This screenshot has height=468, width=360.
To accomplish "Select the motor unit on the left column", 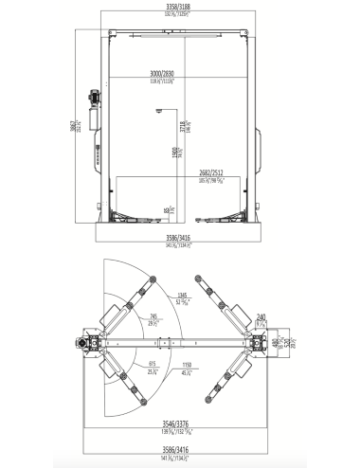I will pyautogui.click(x=94, y=96).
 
